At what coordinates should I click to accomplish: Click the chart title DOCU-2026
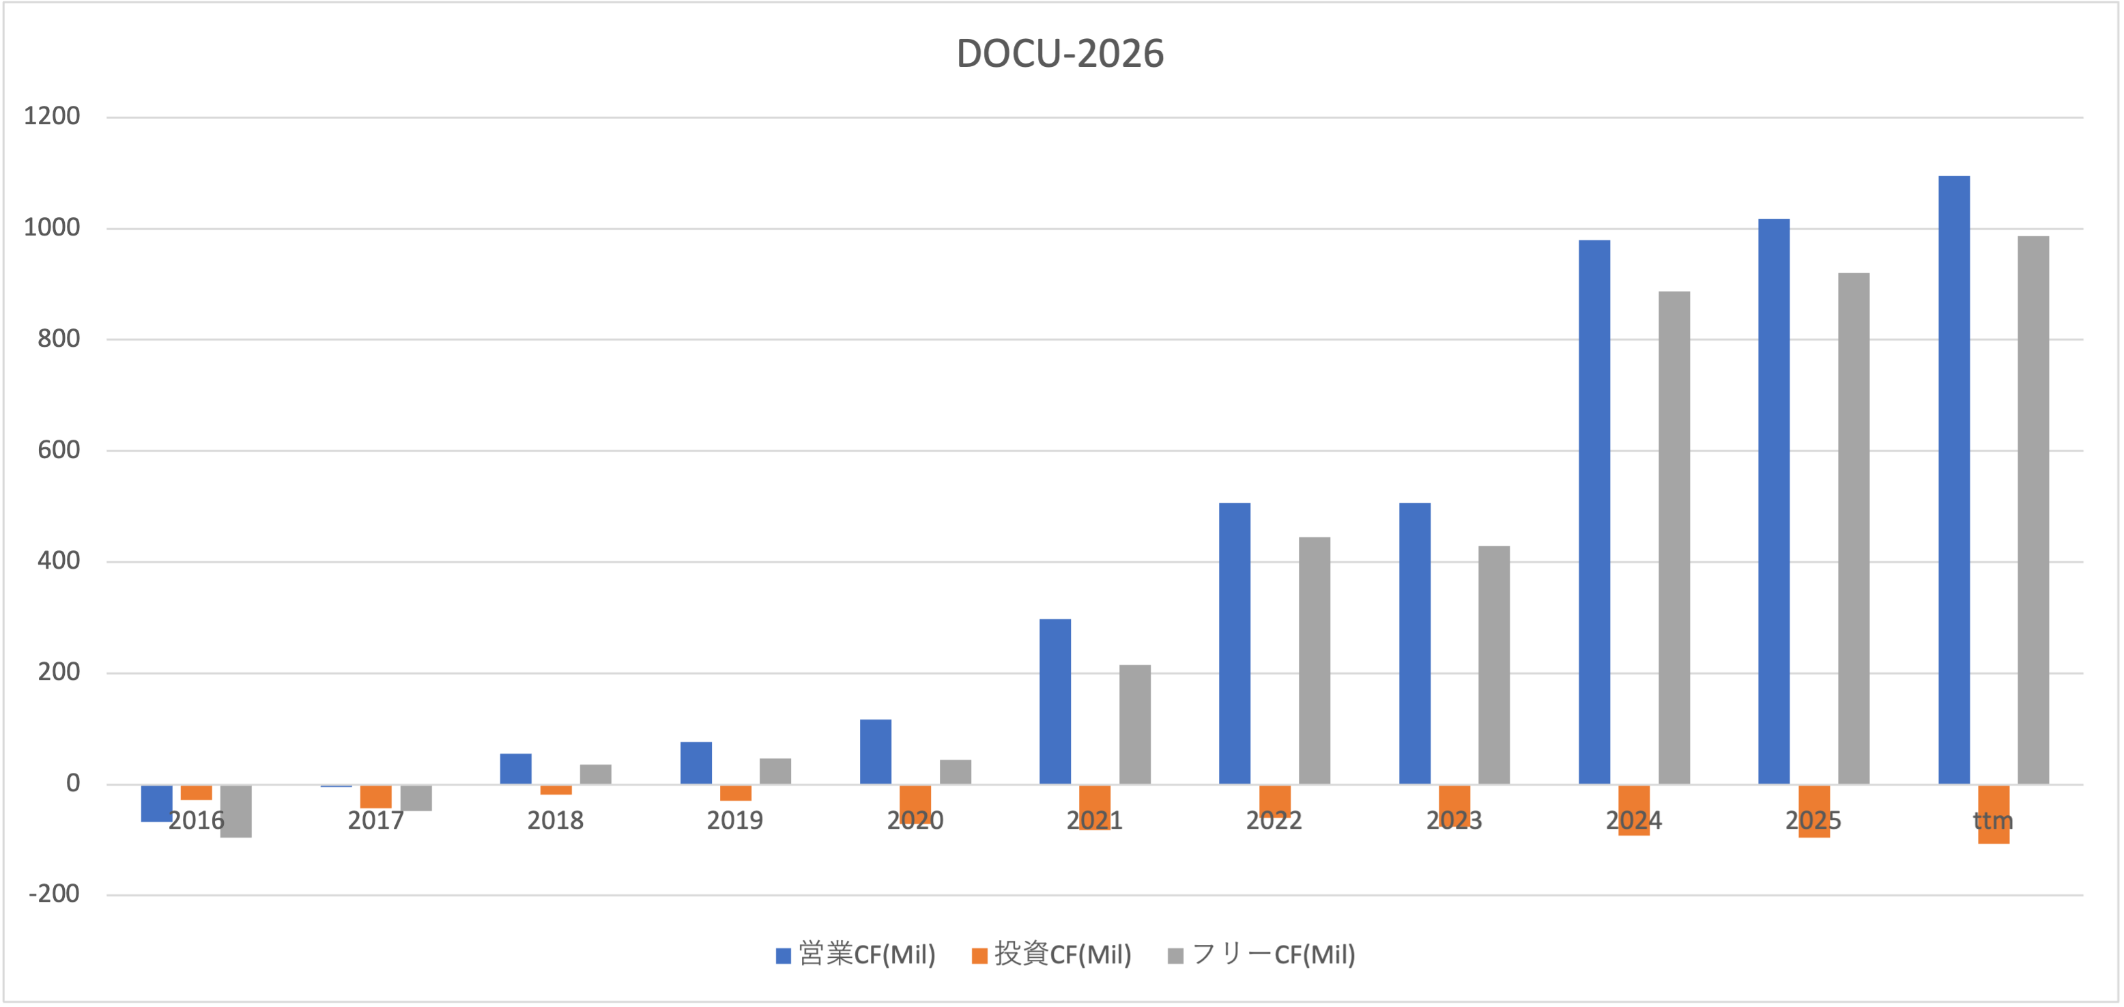(x=1061, y=55)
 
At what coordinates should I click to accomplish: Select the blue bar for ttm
(x=1954, y=480)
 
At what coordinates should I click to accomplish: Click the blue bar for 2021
(x=1054, y=702)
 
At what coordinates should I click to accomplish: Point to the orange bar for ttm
(x=1994, y=814)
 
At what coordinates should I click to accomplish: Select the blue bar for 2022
(x=1234, y=643)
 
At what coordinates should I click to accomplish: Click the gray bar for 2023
(x=1494, y=665)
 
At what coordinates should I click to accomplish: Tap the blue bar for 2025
(x=1774, y=501)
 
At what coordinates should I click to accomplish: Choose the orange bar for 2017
(x=376, y=797)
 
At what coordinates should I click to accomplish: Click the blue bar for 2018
(x=515, y=769)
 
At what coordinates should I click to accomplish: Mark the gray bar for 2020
(x=956, y=772)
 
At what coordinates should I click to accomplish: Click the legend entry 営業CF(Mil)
(x=856, y=955)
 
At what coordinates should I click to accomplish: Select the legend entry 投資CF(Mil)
(x=1052, y=955)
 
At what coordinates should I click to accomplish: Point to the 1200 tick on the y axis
(x=52, y=116)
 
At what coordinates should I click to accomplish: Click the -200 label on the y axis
(x=55, y=894)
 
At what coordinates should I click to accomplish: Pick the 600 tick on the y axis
(x=59, y=451)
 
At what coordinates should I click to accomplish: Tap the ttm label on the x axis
(x=1993, y=821)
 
